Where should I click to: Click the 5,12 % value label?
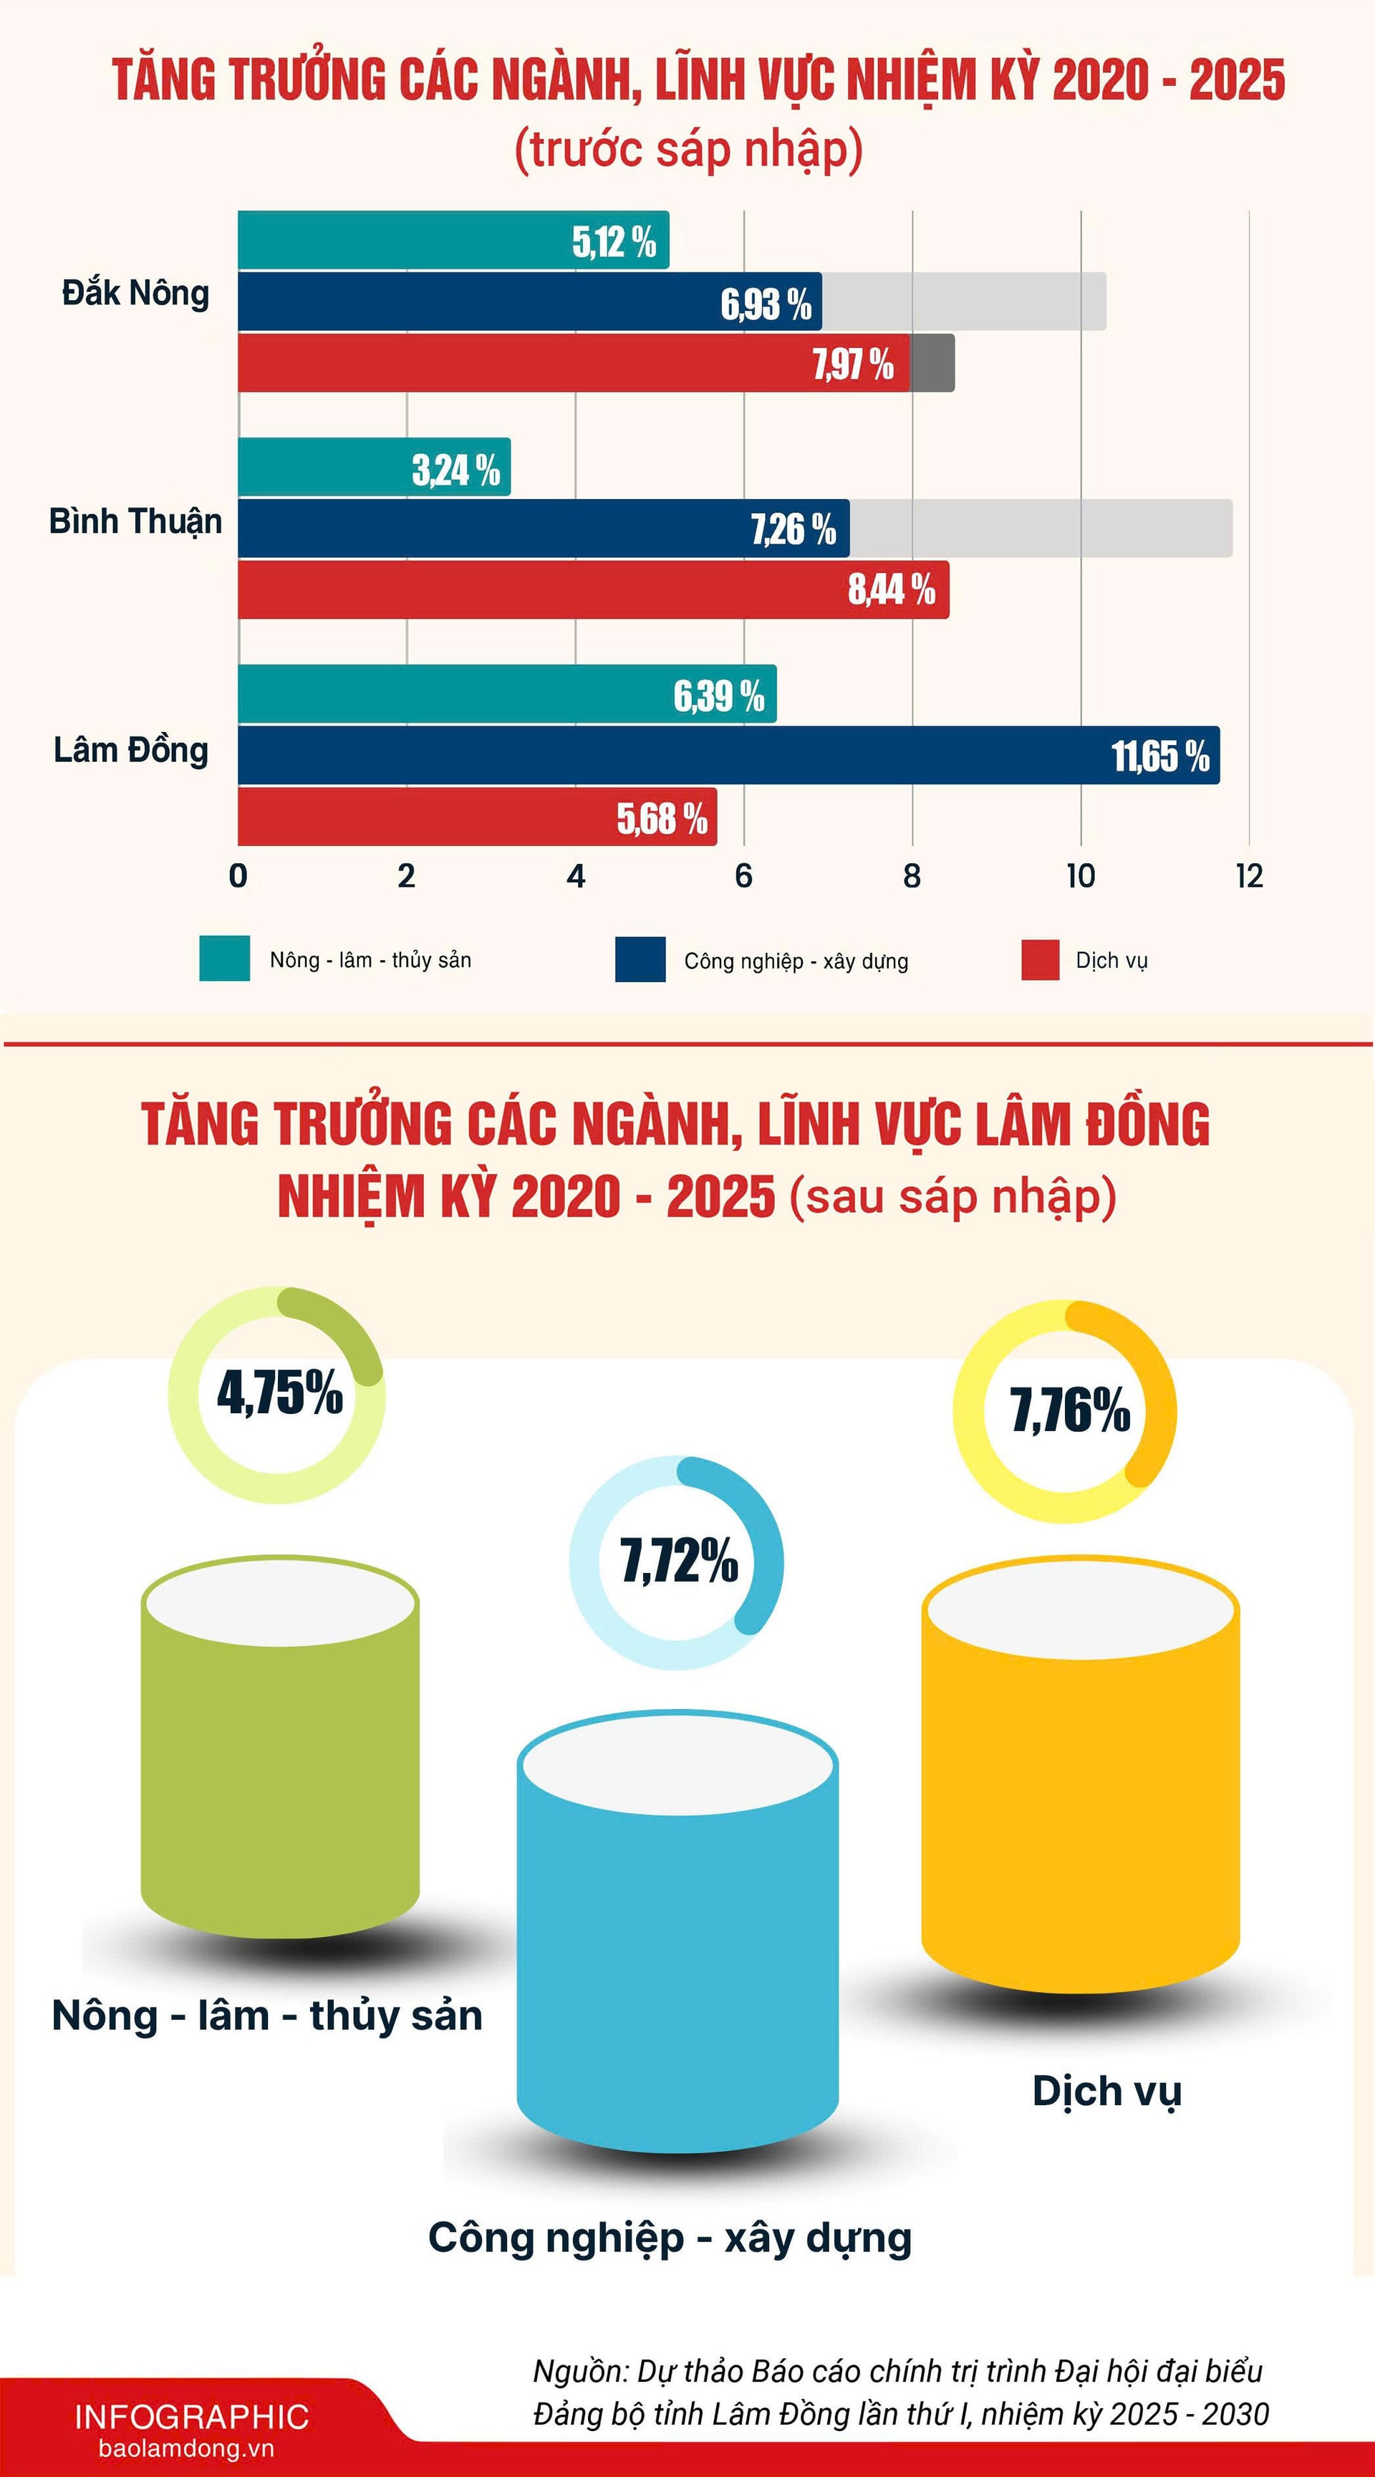pos(614,241)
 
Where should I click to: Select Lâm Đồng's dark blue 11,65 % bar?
pos(673,755)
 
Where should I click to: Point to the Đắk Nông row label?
pos(135,293)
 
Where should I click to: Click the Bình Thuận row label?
pos(135,521)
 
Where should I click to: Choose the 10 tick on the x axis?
pos(1080,876)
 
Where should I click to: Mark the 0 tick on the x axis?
pos(238,876)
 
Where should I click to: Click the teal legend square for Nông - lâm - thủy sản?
pos(224,958)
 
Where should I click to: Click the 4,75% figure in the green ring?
pos(279,1393)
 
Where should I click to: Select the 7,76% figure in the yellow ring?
pos(1069,1410)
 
